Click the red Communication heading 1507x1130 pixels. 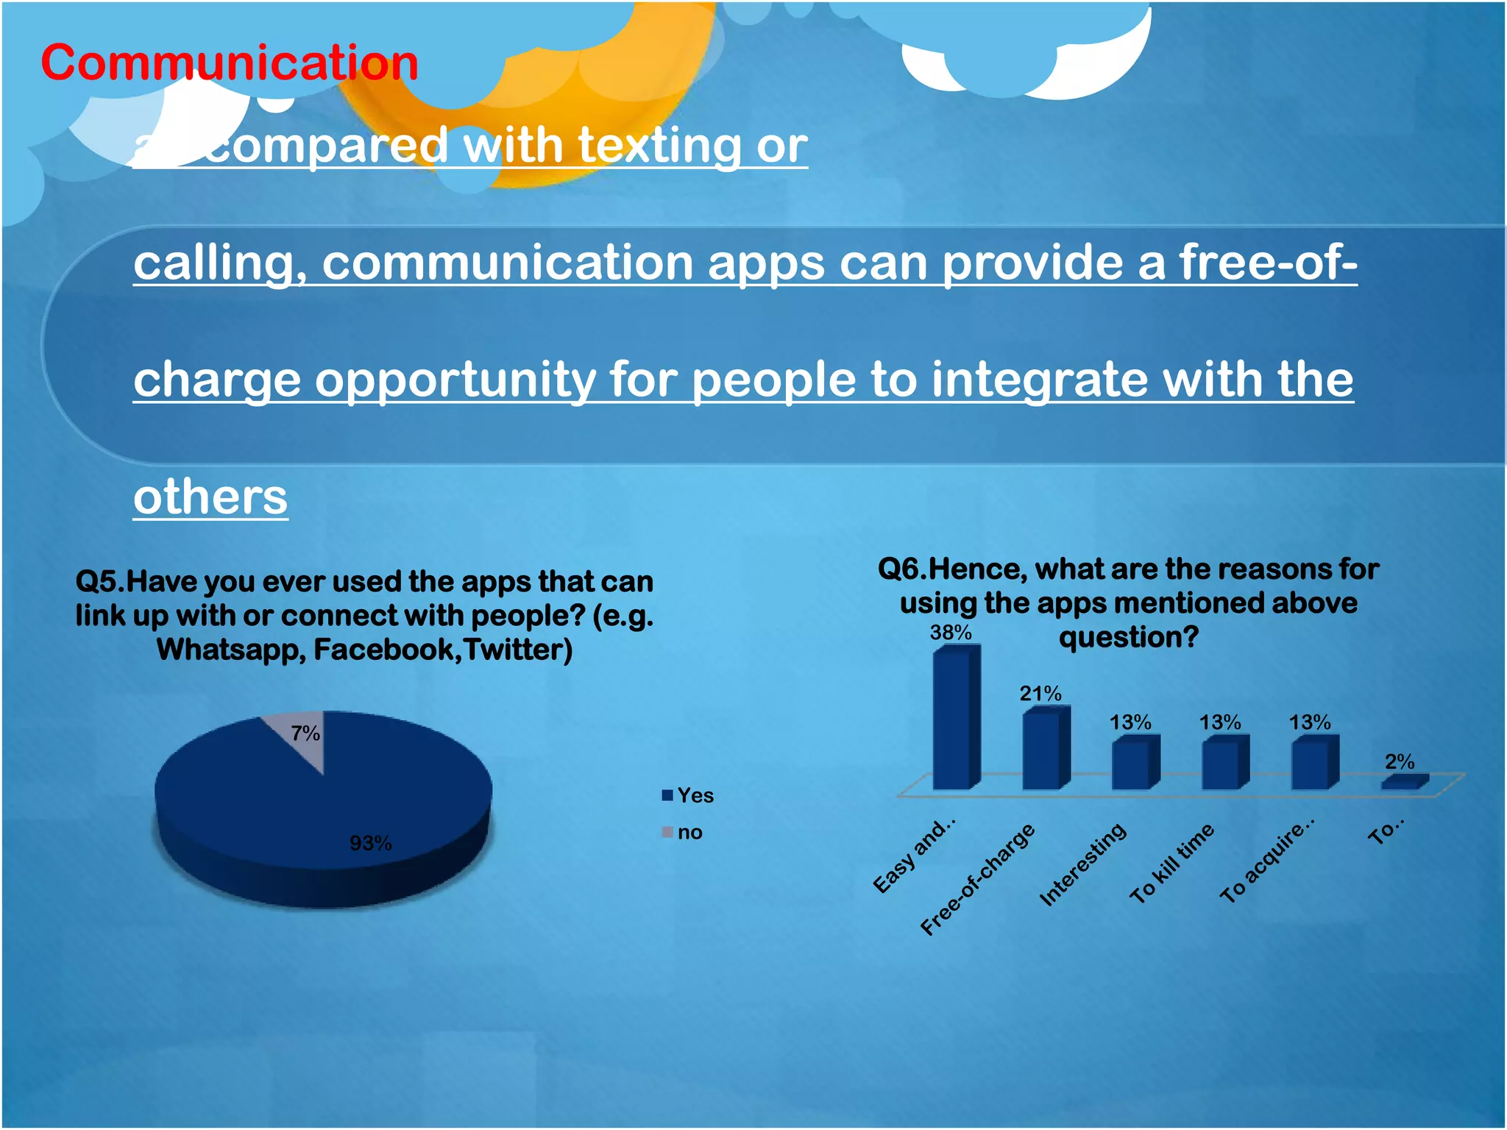(229, 63)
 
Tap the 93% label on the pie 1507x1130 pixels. (370, 843)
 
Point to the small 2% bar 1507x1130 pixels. (1403, 783)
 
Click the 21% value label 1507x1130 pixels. (1040, 693)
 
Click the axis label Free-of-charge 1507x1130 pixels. (977, 880)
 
